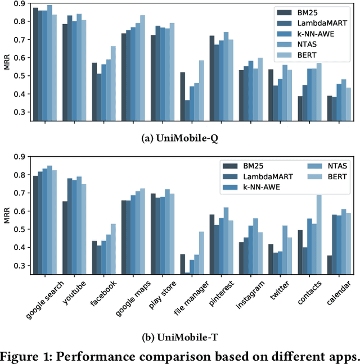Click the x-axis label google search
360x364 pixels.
coord(45,299)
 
